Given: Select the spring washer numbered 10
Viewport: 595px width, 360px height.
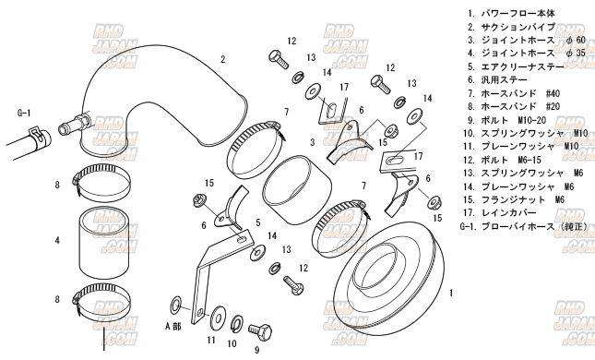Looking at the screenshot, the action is [x=238, y=323].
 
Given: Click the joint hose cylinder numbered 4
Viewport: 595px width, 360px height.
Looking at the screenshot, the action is [x=104, y=241].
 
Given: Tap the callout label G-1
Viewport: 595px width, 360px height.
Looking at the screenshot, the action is [x=24, y=113].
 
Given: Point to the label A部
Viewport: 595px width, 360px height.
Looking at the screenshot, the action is [x=173, y=326].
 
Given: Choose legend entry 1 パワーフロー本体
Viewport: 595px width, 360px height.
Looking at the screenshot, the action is [x=511, y=14].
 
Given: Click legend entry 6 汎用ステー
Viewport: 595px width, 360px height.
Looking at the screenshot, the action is [x=497, y=80].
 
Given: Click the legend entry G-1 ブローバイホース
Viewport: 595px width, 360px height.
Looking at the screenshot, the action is [x=524, y=226].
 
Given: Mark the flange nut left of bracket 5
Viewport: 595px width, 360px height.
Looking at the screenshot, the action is [x=197, y=199].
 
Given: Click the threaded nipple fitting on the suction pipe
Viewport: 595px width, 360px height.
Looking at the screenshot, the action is [x=75, y=123].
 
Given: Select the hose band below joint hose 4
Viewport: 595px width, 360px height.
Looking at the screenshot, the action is [x=101, y=300].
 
